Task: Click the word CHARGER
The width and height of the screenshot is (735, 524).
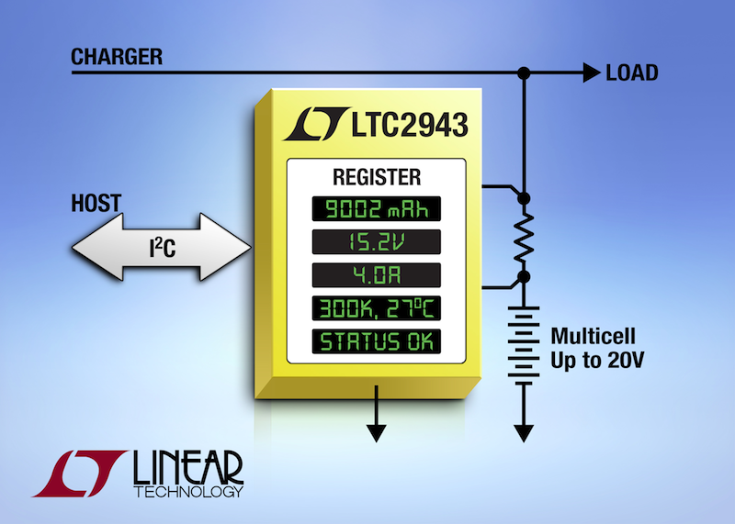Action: [x=117, y=57]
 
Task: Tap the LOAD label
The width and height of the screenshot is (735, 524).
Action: [x=632, y=73]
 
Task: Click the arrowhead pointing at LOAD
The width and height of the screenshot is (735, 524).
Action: [x=592, y=72]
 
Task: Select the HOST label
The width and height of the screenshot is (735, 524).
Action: [x=96, y=203]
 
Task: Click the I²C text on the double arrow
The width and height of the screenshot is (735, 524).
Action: [x=163, y=247]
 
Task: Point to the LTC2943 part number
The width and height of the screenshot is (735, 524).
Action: [x=410, y=125]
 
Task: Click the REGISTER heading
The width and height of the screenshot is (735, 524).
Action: [x=377, y=177]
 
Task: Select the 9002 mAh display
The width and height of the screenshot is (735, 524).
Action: [x=377, y=209]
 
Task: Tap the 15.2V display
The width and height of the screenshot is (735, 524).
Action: [x=377, y=242]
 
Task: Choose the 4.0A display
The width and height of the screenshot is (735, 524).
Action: [x=377, y=275]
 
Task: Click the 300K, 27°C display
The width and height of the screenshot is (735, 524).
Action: [x=377, y=308]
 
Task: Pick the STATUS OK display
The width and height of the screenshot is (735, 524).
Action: [x=377, y=342]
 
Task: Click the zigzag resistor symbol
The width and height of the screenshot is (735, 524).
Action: [x=524, y=238]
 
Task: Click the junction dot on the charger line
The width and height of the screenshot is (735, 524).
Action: [x=524, y=73]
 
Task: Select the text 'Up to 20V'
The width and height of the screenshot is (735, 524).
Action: [x=597, y=361]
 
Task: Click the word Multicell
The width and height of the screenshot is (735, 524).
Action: [x=593, y=336]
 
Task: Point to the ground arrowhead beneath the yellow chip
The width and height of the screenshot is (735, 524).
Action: [x=377, y=433]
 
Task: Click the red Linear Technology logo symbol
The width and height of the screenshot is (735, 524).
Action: [x=80, y=474]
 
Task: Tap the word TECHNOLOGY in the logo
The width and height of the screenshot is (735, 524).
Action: [x=188, y=492]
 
